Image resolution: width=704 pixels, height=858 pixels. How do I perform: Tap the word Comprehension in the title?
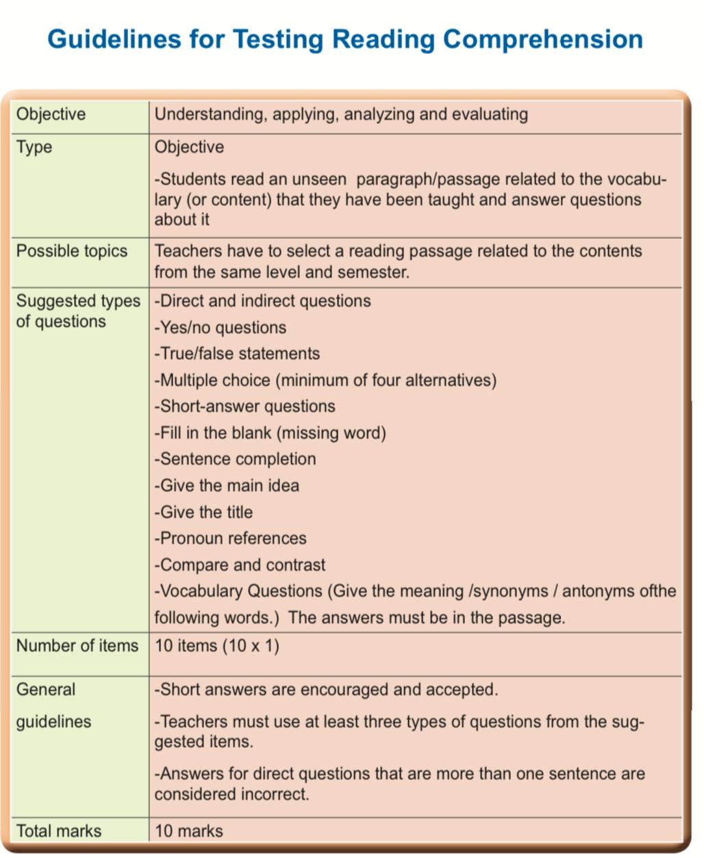coord(542,39)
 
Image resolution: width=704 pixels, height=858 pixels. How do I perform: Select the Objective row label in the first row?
coord(51,114)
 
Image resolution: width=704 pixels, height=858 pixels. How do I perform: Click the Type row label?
coord(34,147)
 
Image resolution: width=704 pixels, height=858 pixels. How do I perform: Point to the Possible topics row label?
coord(72,251)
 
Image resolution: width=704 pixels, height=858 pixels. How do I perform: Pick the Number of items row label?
coord(77,645)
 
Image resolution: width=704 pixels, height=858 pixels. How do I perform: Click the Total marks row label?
coord(59,831)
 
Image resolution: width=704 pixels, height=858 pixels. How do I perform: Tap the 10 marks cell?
coord(189,831)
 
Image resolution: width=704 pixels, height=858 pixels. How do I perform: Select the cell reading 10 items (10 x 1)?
coord(217,645)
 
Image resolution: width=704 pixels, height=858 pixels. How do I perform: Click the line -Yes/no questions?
coord(221,328)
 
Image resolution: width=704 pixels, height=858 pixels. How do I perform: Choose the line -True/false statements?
coord(238,354)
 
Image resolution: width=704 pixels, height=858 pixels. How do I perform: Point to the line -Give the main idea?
coord(227,486)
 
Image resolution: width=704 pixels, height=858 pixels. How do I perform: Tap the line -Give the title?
coord(204,512)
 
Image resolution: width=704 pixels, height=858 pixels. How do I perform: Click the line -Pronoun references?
coord(231,538)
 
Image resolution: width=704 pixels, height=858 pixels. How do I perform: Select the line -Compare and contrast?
coord(240,565)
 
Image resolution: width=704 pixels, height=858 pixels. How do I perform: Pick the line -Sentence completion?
coord(236,459)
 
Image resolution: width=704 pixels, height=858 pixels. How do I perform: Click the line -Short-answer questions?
coord(245,406)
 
